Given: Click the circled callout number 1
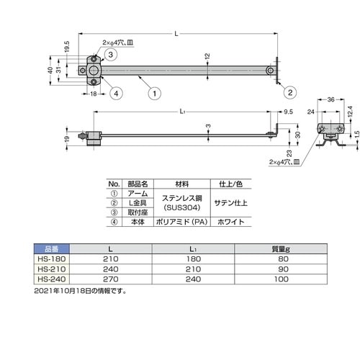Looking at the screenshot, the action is (155, 94).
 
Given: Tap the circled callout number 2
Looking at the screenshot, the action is (290, 92).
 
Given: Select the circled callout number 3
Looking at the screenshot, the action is (110, 55).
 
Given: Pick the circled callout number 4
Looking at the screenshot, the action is (116, 94).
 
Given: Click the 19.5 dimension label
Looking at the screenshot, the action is (67, 47).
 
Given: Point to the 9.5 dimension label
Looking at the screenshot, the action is (288, 112).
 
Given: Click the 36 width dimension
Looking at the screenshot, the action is (330, 99).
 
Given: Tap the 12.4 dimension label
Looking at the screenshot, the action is (350, 112).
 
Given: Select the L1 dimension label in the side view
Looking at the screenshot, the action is (182, 112).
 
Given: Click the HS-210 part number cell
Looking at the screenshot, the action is (52, 269).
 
